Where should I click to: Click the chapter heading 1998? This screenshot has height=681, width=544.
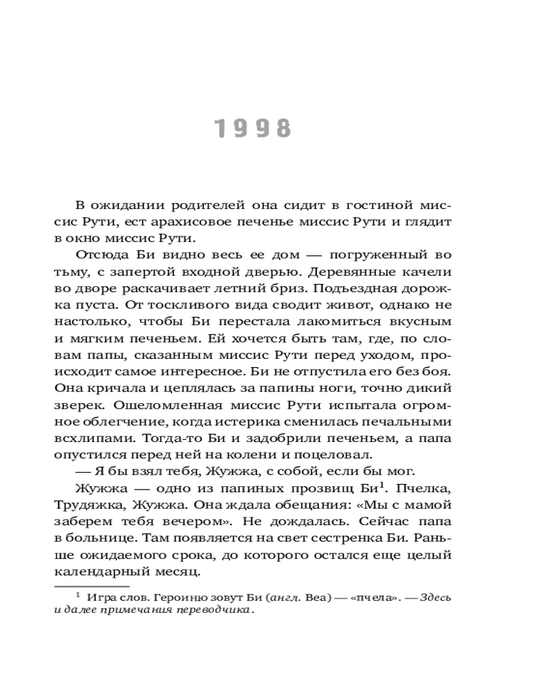pos(252,129)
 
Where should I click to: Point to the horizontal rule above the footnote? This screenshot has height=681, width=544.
pos(90,585)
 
